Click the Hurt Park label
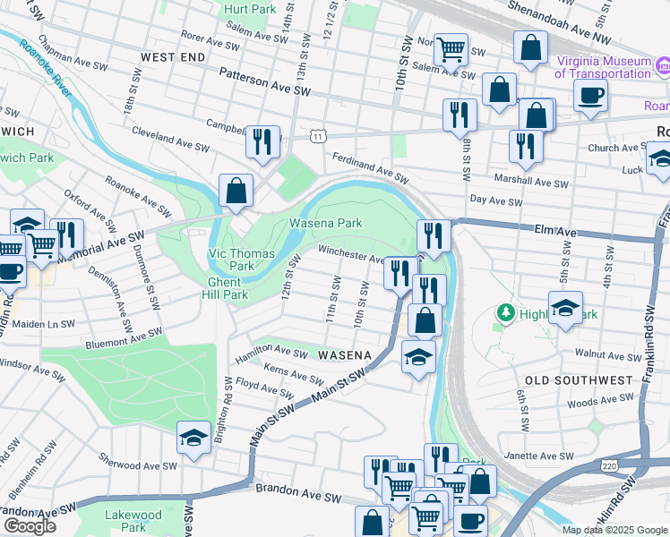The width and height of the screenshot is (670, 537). (250, 9)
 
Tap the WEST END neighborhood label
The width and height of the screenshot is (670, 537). (173, 56)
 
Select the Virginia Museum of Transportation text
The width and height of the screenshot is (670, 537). (603, 67)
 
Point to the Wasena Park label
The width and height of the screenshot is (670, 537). (324, 223)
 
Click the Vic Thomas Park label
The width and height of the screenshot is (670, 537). (242, 260)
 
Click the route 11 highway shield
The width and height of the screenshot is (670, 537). (318, 135)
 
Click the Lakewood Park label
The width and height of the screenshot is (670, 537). (133, 521)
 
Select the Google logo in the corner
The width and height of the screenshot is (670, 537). (30, 526)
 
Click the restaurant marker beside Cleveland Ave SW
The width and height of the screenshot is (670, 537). (262, 143)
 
